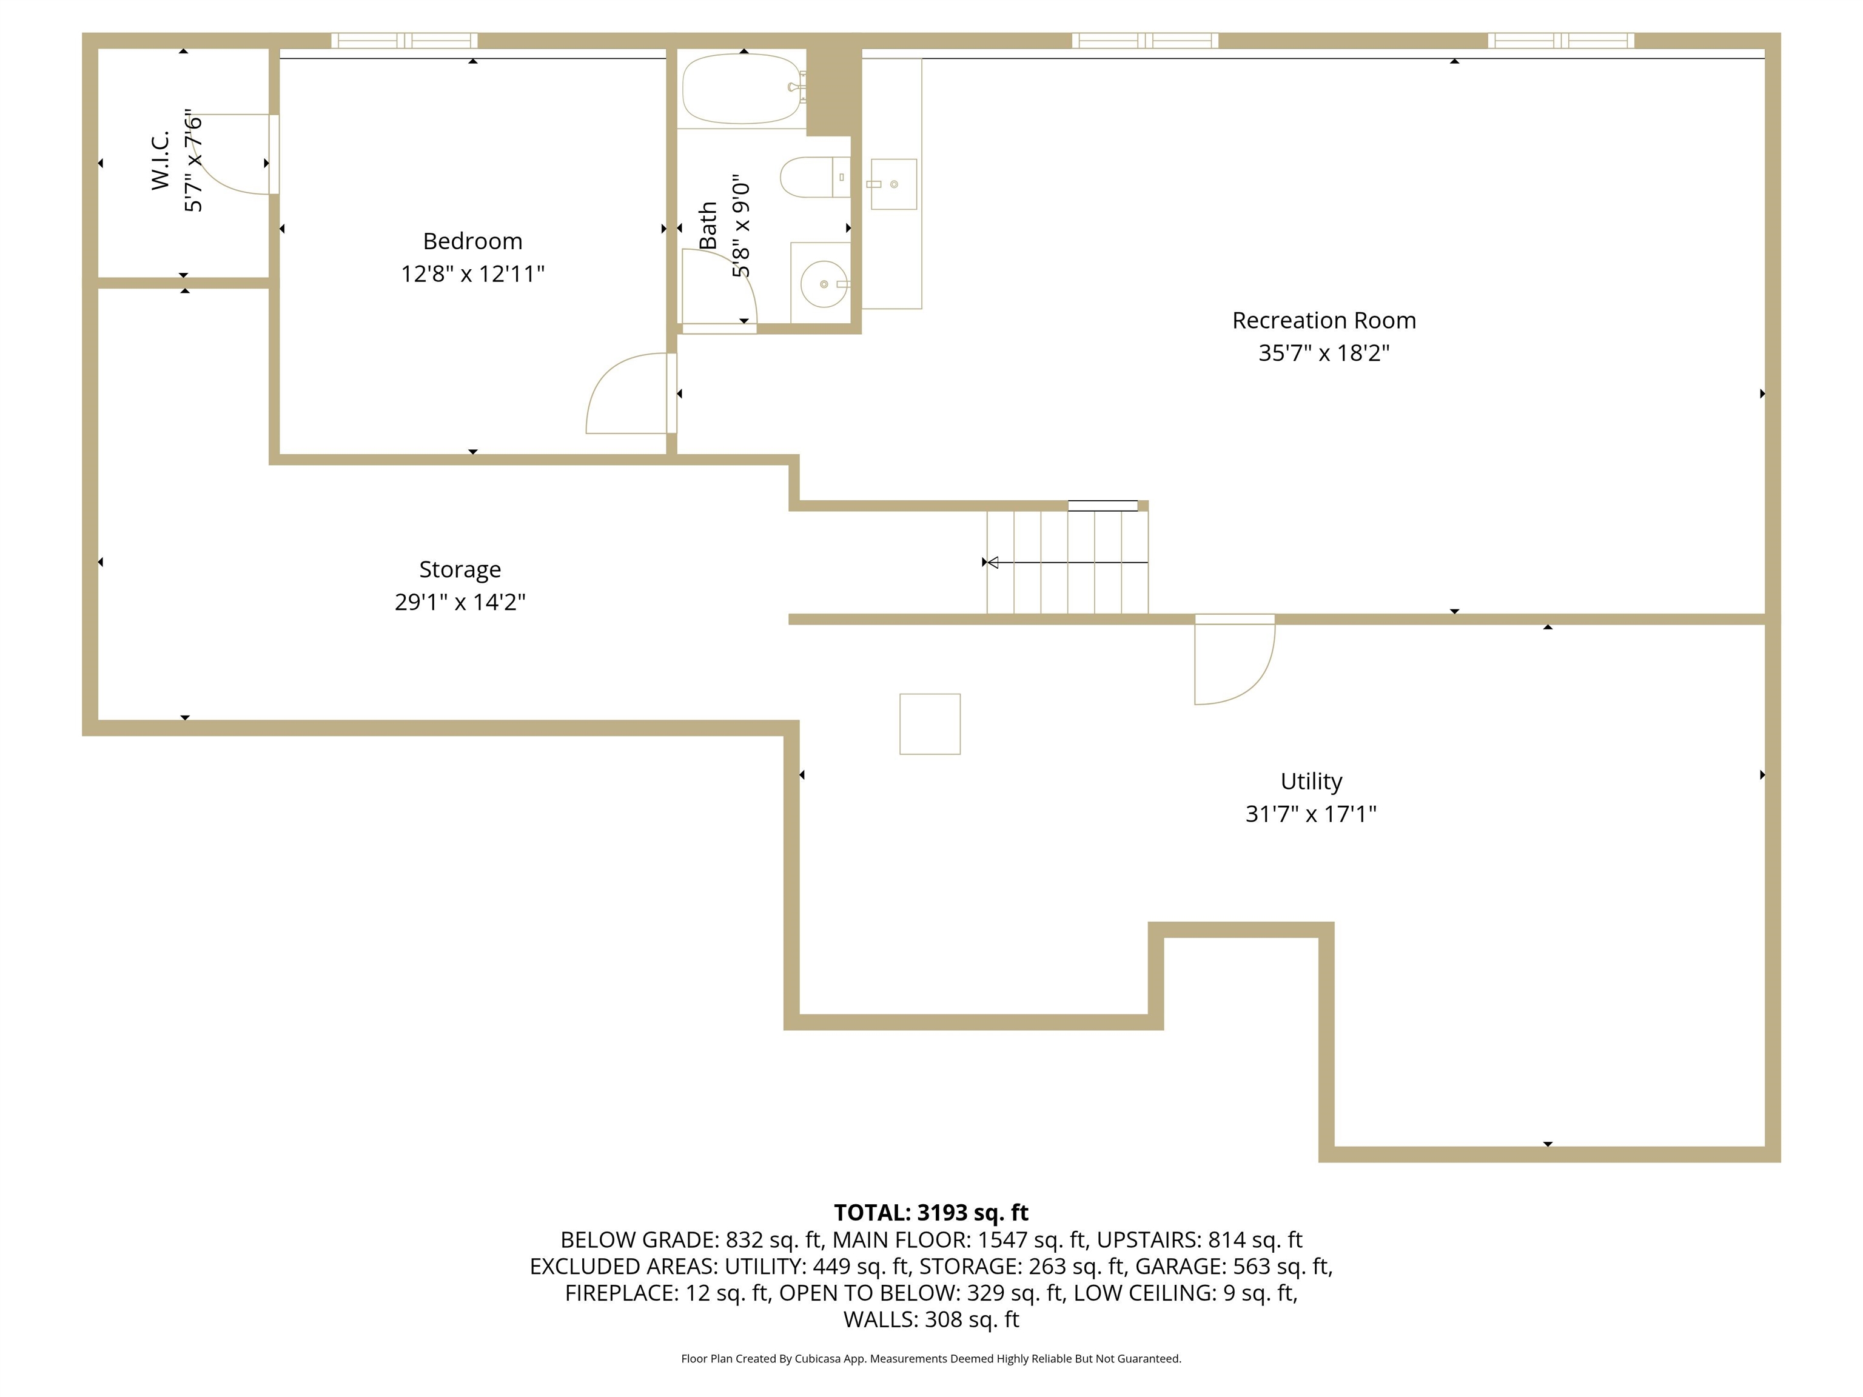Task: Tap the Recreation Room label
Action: click(1324, 320)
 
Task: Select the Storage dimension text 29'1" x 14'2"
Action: click(460, 601)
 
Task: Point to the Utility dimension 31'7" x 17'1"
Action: click(1311, 814)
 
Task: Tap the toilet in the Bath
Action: click(814, 177)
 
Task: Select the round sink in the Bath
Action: click(824, 284)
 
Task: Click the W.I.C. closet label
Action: click(160, 160)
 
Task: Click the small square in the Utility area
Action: click(930, 724)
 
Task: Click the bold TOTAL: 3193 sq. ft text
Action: click(931, 1213)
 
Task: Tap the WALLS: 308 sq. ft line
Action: click(931, 1319)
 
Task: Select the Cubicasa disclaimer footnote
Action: click(931, 1358)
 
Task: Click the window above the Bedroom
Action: click(404, 41)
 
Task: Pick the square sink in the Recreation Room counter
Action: click(894, 184)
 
